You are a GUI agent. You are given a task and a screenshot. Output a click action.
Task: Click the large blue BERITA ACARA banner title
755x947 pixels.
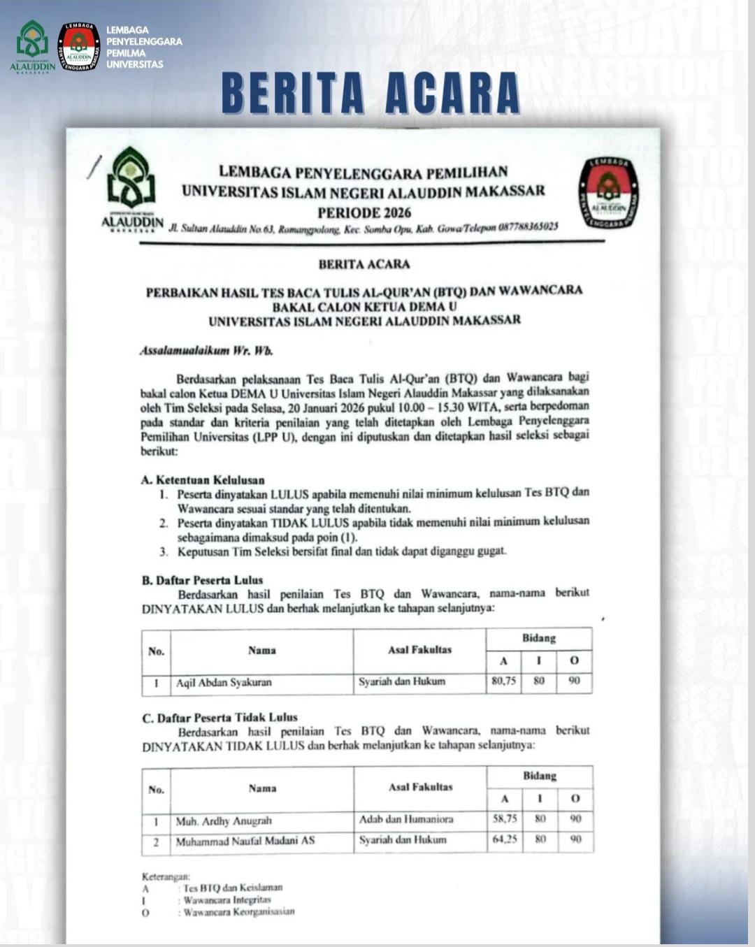pos(371,93)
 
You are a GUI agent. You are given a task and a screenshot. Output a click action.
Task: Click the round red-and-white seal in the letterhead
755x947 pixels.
pos(608,193)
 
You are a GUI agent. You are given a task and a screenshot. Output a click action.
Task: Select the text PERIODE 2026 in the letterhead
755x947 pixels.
pos(364,212)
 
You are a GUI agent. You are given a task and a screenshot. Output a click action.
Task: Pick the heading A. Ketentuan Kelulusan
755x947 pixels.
pos(203,480)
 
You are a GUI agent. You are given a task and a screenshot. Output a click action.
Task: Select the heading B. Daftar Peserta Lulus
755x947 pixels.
pos(202,579)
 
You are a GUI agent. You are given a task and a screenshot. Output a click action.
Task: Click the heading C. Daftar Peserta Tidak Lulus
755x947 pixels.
pos(220,717)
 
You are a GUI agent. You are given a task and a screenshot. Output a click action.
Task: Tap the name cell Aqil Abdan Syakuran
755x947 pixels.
pos(224,682)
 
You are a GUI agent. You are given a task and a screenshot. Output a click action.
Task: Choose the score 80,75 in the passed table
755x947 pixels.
pos(503,681)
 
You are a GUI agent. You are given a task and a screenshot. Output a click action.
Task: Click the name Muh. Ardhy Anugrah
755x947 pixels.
pos(224,821)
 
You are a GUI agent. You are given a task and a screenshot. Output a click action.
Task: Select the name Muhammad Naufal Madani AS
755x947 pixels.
pos(245,841)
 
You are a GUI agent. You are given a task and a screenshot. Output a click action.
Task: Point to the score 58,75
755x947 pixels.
pos(505,818)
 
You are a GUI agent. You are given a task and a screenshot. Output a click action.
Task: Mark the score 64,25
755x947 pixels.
pos(505,839)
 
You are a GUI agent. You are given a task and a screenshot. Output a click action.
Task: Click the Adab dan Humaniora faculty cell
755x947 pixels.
pos(406,819)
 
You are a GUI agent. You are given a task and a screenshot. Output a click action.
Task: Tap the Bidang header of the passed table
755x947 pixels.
pos(538,638)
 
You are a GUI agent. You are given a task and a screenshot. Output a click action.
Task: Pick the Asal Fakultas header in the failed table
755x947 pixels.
pos(420,787)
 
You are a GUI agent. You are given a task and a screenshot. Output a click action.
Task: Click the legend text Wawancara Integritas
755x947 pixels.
pos(227,899)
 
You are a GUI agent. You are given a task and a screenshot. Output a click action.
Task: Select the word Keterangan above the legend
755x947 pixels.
pos(166,876)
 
